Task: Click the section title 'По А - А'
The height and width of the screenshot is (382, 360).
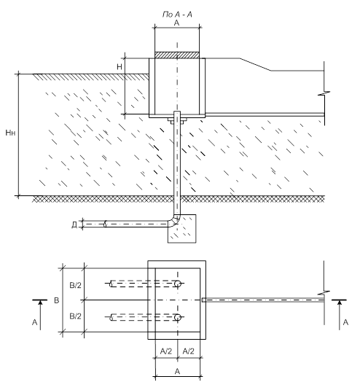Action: click(177, 15)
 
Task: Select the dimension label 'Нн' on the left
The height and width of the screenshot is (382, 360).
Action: click(10, 133)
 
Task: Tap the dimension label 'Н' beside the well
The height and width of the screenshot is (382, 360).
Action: click(120, 67)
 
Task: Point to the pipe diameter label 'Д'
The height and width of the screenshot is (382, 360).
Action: click(74, 225)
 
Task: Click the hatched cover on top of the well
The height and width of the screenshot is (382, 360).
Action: click(177, 55)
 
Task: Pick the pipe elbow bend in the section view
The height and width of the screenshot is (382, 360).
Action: click(175, 220)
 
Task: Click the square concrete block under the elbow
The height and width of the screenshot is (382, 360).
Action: click(182, 229)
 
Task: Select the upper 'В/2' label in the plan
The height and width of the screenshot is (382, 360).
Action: click(76, 285)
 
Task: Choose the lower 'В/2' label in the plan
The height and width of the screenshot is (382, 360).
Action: click(76, 316)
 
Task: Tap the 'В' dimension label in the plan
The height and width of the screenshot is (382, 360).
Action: click(57, 300)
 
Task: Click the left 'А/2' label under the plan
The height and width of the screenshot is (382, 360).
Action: click(166, 351)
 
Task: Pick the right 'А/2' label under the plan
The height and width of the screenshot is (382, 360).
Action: click(189, 351)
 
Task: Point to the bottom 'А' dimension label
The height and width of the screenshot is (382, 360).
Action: click(177, 371)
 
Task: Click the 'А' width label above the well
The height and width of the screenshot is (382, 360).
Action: click(176, 23)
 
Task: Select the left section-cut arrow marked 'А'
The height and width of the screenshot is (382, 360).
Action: click(40, 315)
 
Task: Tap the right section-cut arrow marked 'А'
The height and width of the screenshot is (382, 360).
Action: click(340, 315)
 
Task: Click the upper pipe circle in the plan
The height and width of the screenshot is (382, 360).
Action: click(178, 284)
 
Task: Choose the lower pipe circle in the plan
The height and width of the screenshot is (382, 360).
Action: click(178, 317)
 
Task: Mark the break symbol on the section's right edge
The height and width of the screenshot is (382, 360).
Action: click(324, 93)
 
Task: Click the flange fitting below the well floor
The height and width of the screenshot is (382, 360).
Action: click(177, 120)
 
